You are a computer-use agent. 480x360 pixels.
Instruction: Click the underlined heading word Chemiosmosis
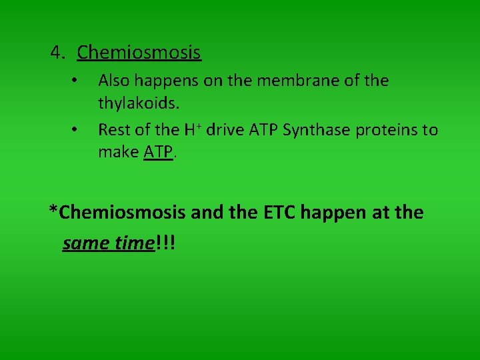(139, 52)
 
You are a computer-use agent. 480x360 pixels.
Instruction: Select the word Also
(115, 81)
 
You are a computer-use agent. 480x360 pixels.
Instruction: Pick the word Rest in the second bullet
(114, 129)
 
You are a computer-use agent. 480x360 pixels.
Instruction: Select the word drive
(225, 129)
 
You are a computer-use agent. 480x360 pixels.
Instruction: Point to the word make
(119, 153)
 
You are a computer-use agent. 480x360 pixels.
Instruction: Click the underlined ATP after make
(158, 153)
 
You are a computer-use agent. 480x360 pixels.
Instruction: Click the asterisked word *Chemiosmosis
(117, 213)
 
